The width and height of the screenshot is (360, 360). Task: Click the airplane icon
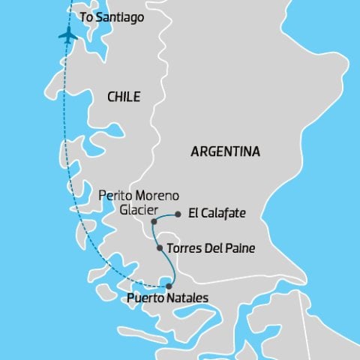pyautogui.click(x=67, y=34)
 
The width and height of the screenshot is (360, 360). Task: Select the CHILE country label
pyautogui.click(x=124, y=96)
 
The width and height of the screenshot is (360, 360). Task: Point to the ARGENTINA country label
pyautogui.click(x=226, y=151)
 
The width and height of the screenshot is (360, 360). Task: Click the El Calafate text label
pyautogui.click(x=216, y=214)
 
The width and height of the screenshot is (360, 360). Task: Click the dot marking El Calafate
pyautogui.click(x=178, y=214)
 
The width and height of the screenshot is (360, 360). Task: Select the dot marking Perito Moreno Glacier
pyautogui.click(x=154, y=222)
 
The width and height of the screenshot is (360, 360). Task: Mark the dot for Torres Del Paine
pyautogui.click(x=159, y=247)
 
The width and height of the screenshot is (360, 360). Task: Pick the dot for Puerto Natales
pyautogui.click(x=169, y=286)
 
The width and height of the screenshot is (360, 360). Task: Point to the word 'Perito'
pyautogui.click(x=115, y=196)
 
